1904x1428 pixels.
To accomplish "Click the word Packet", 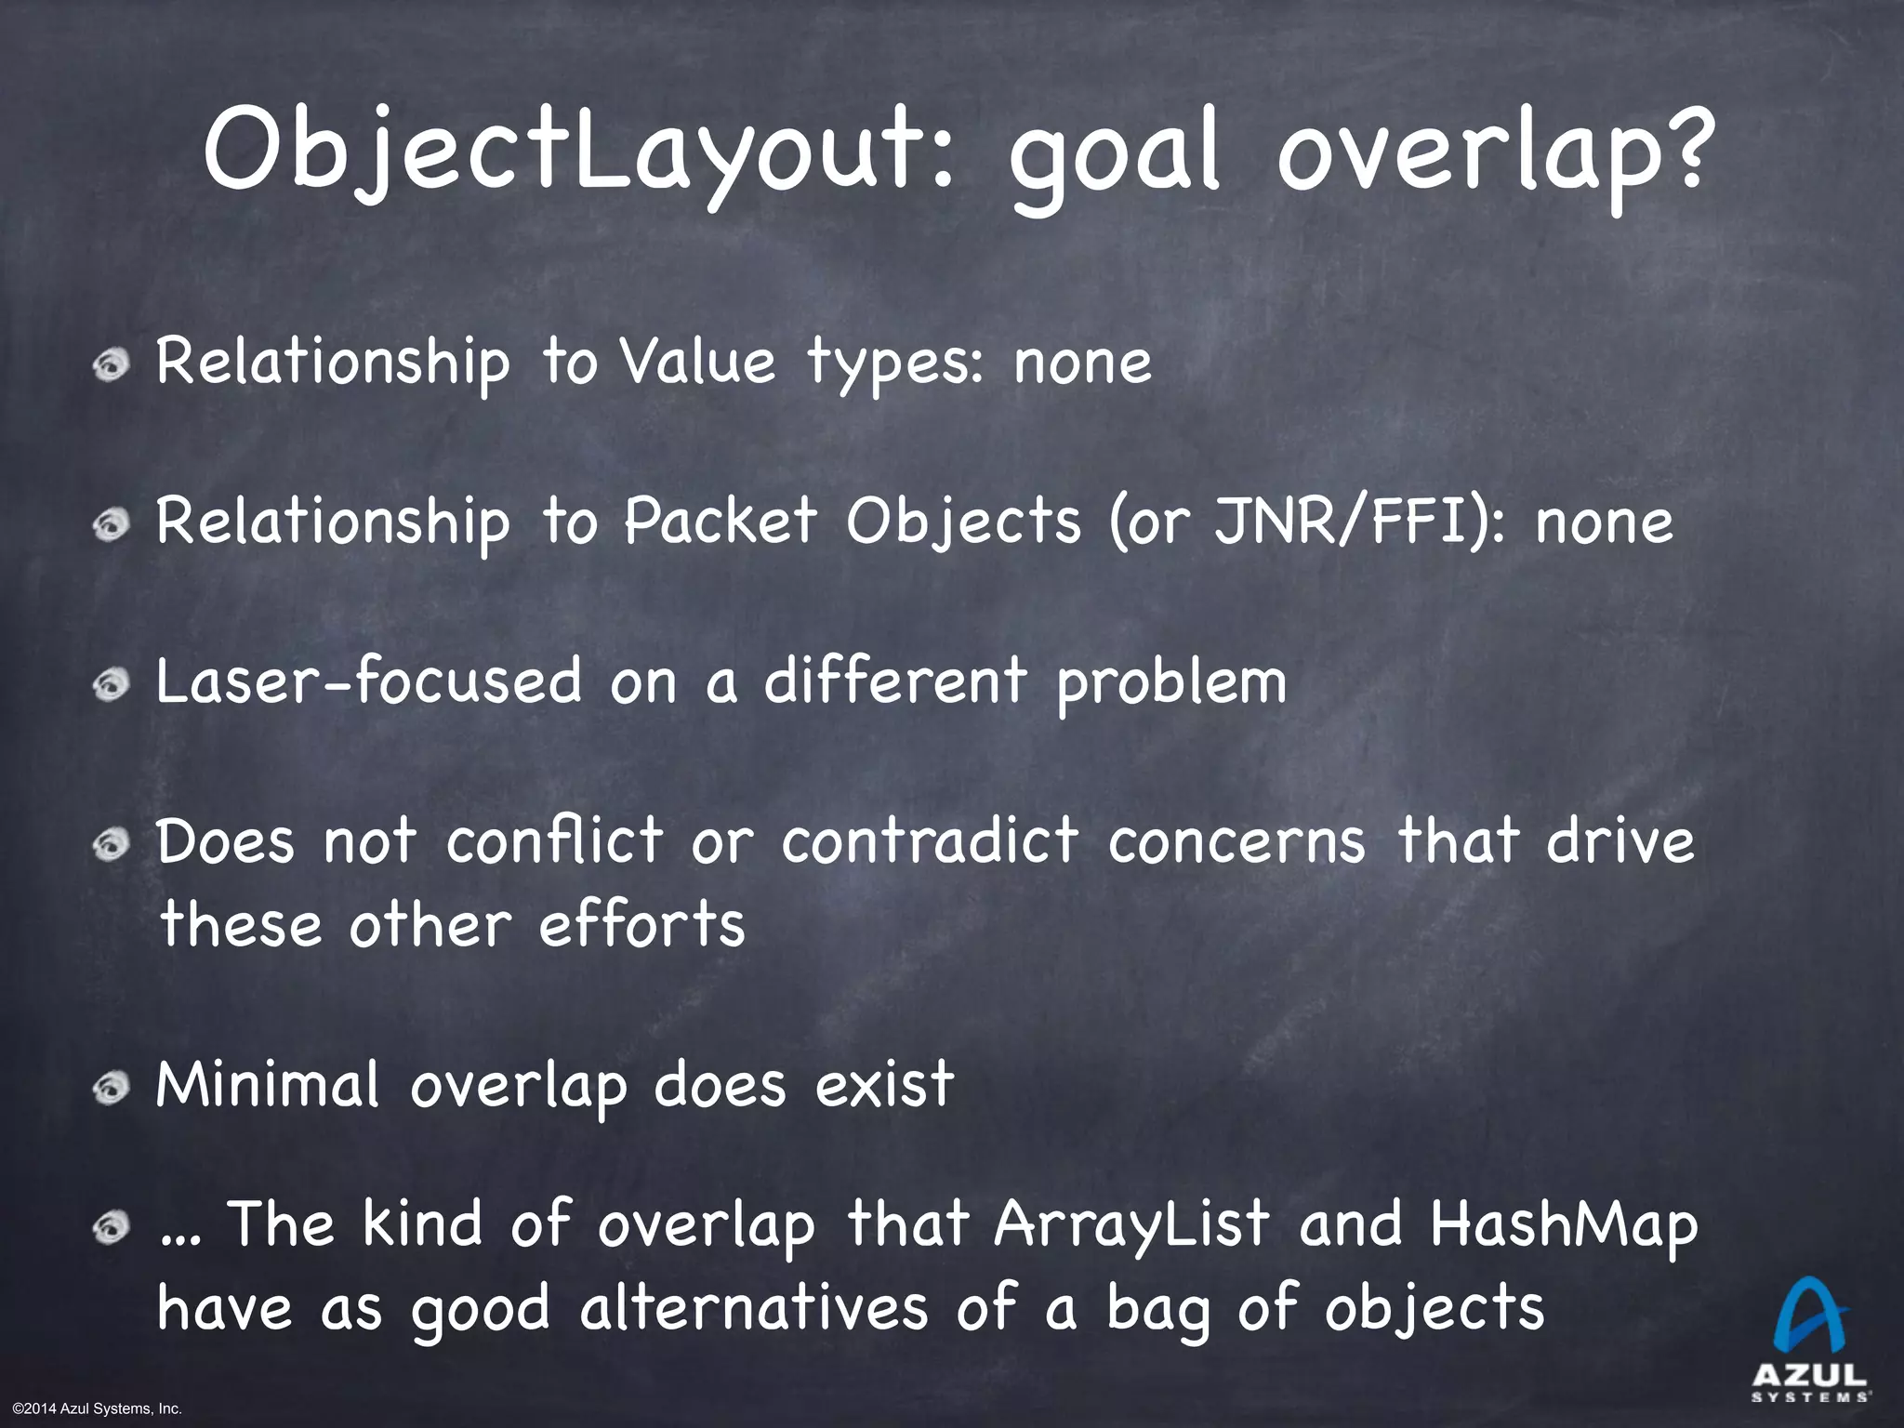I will pyautogui.click(x=721, y=521).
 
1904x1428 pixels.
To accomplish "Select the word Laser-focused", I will pyautogui.click(x=368, y=681).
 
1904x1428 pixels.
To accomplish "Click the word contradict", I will pyautogui.click(x=930, y=840).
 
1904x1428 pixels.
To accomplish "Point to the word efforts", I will pyautogui.click(x=641, y=925).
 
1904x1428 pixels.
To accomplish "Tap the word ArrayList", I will pyautogui.click(x=1130, y=1224).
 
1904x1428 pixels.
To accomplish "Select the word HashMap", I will pyautogui.click(x=1563, y=1224).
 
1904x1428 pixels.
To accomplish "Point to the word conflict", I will pyautogui.click(x=554, y=840).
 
